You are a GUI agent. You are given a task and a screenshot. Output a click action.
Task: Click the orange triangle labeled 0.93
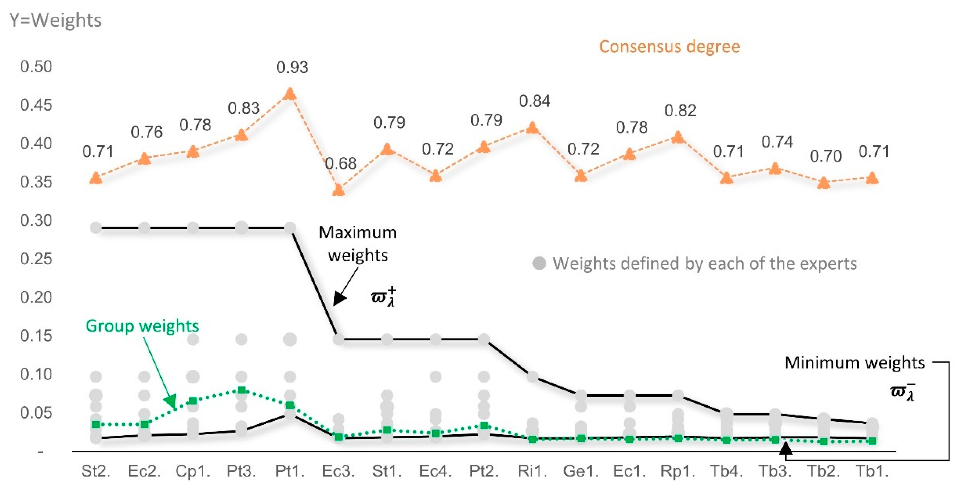pos(290,94)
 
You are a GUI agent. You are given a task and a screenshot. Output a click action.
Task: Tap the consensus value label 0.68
pos(340,163)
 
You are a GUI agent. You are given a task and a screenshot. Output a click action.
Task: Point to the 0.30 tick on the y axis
pos(36,220)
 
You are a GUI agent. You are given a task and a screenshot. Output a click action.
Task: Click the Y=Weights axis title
pos(55,20)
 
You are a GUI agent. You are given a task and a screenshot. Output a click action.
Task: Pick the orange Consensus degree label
pos(669,47)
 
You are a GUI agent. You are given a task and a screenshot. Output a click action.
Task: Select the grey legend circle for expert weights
pos(539,263)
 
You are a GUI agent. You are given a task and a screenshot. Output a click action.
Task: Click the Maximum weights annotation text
pos(357,244)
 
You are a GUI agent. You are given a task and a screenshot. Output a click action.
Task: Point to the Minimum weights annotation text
pos(854,363)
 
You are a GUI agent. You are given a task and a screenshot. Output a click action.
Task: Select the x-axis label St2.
pos(96,471)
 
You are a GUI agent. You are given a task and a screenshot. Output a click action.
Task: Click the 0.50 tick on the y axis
pos(36,67)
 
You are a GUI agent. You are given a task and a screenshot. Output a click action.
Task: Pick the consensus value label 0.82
pos(680,111)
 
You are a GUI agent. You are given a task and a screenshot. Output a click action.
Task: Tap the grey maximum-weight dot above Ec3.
pos(338,339)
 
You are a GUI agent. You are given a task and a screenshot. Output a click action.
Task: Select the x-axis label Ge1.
pos(581,471)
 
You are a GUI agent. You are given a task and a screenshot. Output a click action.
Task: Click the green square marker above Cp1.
pos(193,401)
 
